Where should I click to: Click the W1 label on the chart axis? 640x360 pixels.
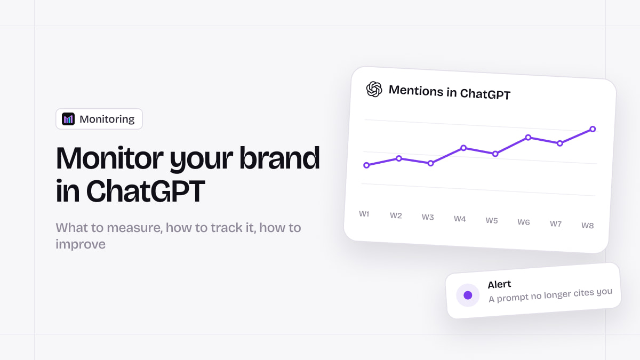364,214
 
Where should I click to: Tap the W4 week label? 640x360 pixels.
460,219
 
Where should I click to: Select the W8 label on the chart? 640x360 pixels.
587,226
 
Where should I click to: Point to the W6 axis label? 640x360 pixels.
523,222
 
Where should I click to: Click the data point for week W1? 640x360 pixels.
366,165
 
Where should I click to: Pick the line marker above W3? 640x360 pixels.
430,163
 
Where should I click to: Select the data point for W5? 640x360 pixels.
495,154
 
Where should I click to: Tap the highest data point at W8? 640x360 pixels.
593,129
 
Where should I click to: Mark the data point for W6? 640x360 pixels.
528,138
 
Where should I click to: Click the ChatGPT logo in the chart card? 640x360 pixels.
374,89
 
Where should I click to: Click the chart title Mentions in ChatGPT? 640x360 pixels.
450,92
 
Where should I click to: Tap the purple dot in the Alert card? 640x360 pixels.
468,295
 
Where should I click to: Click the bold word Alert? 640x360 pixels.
499,284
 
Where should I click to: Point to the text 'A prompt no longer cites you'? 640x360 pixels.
550,295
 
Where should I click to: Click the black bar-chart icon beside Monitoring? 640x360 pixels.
68,119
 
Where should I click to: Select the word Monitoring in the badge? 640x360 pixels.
107,119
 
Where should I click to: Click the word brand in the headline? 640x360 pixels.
279,158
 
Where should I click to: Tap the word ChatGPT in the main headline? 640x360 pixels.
146,191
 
